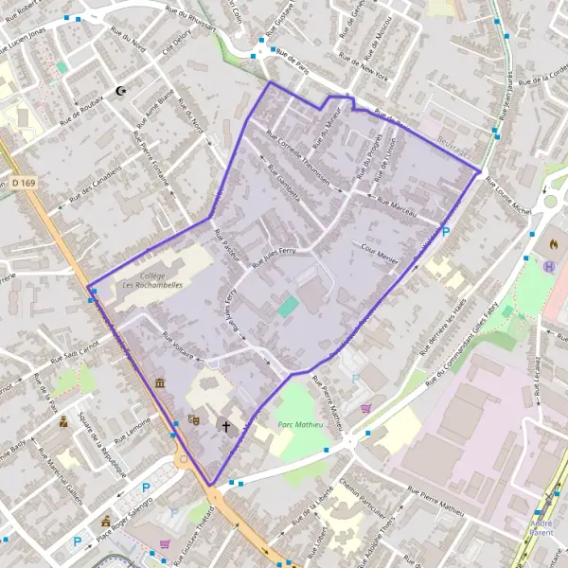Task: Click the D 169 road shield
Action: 25,182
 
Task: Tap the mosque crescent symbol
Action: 120,91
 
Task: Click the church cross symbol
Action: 226,427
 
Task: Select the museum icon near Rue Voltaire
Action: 159,383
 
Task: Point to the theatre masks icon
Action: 195,419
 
